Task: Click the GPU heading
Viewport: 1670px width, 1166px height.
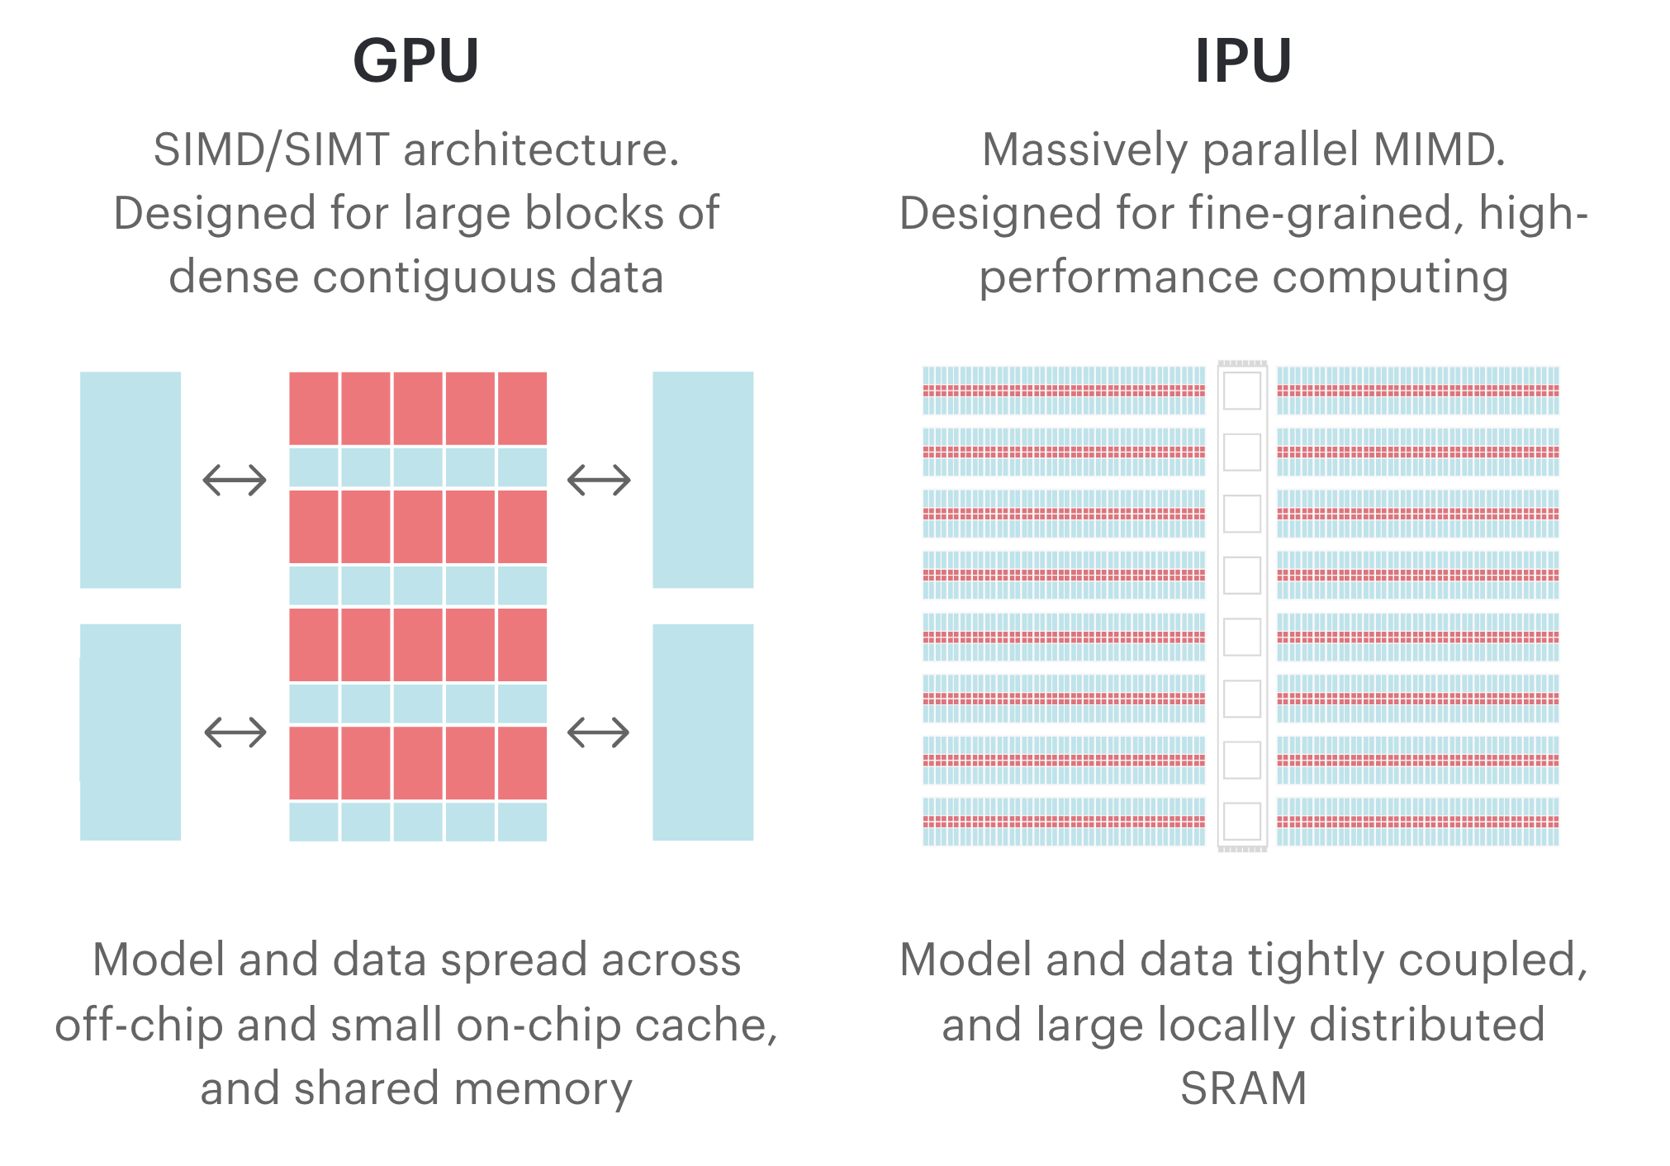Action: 415,61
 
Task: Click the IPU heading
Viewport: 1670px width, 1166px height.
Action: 1243,61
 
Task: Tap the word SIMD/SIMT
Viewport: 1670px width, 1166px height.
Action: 271,149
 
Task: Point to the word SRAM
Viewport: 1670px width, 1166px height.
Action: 1243,1088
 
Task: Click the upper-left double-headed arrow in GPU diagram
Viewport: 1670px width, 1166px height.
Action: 235,480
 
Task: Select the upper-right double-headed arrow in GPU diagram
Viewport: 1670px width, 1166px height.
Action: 599,480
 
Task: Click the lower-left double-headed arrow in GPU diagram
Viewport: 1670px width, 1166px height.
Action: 235,732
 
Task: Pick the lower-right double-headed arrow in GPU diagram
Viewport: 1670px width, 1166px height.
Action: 599,732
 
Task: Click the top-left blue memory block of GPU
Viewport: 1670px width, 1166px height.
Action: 130,480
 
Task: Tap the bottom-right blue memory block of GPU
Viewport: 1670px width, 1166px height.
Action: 703,732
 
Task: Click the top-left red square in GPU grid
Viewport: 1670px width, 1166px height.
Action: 314,408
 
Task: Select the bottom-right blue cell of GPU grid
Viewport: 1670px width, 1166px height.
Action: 522,822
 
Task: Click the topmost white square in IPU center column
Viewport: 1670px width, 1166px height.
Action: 1241,391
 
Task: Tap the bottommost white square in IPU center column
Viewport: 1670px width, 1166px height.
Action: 1241,822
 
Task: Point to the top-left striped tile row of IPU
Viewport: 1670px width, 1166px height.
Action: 1064,391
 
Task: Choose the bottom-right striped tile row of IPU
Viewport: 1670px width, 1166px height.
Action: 1417,822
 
